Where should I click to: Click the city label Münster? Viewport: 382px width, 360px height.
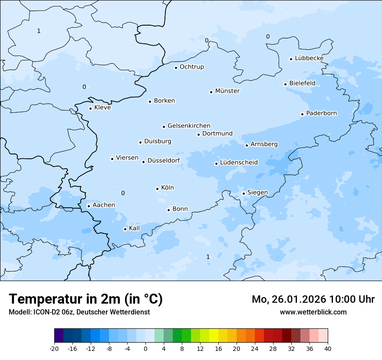click(x=227, y=91)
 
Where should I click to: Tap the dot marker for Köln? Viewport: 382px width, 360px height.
click(x=157, y=189)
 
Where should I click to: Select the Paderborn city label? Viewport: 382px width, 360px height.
click(x=321, y=114)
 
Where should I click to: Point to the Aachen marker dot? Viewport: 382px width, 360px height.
click(x=89, y=206)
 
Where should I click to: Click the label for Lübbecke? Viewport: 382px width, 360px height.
click(x=309, y=58)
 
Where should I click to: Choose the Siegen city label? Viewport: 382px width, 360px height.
click(x=257, y=193)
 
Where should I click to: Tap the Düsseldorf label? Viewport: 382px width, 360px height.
click(x=163, y=161)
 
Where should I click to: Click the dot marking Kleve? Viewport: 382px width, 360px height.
click(x=90, y=108)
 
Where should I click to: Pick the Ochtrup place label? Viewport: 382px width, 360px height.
click(x=191, y=67)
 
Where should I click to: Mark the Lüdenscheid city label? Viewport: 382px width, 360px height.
click(x=239, y=163)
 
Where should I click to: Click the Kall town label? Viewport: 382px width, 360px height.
click(x=134, y=228)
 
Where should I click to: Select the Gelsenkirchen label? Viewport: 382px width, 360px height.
click(x=189, y=126)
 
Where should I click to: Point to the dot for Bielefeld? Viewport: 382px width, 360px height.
click(x=285, y=84)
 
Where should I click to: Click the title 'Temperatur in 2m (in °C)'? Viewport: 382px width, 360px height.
click(x=86, y=299)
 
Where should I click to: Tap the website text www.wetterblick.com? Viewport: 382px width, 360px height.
click(x=313, y=312)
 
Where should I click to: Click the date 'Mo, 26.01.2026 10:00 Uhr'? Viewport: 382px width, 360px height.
click(x=313, y=299)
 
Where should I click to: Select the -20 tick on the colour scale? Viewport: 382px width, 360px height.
click(x=54, y=349)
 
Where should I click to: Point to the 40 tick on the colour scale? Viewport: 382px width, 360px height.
click(x=328, y=349)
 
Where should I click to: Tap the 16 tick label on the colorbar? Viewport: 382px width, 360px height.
click(x=218, y=349)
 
